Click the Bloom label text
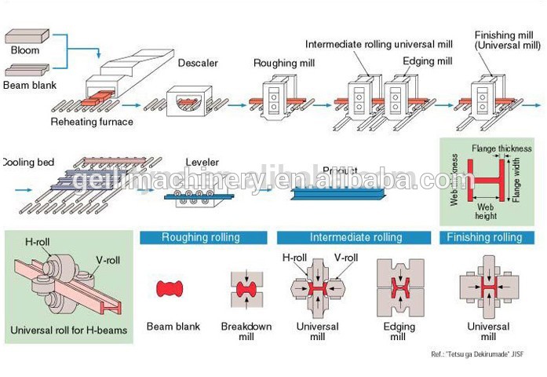tap(25, 50)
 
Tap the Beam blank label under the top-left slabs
tap(30, 84)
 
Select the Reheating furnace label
tap(92, 122)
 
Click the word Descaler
tap(196, 62)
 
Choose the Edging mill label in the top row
tap(427, 60)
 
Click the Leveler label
tap(201, 163)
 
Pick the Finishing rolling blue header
tap(483, 237)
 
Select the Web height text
tap(485, 210)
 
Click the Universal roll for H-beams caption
tap(67, 328)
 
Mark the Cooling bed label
tap(24, 163)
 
